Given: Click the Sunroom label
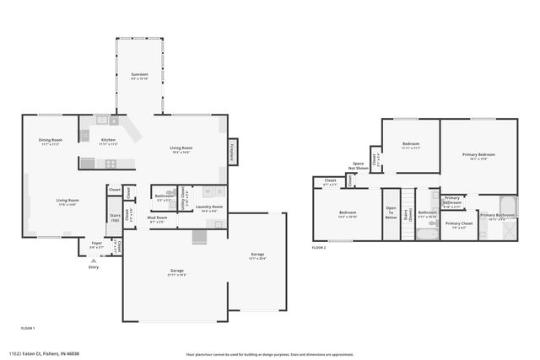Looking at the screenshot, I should coord(139,76).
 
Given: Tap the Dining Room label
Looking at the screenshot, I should coord(51,140).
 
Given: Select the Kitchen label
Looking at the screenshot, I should coord(108,140).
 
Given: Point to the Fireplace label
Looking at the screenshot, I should coord(230,153).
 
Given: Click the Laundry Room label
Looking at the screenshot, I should coord(209,207).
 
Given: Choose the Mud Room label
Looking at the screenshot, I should coord(157,218).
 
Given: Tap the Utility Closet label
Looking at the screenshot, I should coord(185,196).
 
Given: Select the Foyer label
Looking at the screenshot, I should coord(97,244).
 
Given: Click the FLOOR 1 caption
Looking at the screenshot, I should coord(28,326).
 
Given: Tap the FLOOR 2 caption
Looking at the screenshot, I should coord(319,248).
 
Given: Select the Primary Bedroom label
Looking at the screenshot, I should coord(478,154).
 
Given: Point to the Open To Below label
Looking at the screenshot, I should coord(391,212).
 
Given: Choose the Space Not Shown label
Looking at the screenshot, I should coord(359,165).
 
